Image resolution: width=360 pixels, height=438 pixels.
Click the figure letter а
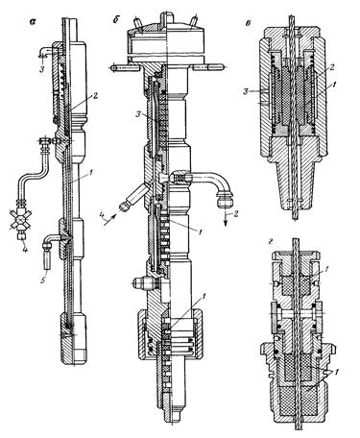[x=33, y=22]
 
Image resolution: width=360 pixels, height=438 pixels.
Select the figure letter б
[x=116, y=19]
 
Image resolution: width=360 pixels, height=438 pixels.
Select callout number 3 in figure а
[x=41, y=70]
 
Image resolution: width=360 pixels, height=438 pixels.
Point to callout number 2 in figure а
[x=95, y=96]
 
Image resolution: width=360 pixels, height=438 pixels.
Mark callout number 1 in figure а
[x=90, y=173]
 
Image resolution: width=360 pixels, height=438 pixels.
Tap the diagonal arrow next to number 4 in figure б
[x=109, y=221]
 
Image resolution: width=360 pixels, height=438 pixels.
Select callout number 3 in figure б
[x=138, y=114]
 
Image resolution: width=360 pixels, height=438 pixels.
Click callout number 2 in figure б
[x=236, y=213]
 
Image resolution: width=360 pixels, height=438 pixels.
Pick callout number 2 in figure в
[x=332, y=67]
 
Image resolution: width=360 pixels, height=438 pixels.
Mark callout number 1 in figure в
[x=334, y=85]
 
